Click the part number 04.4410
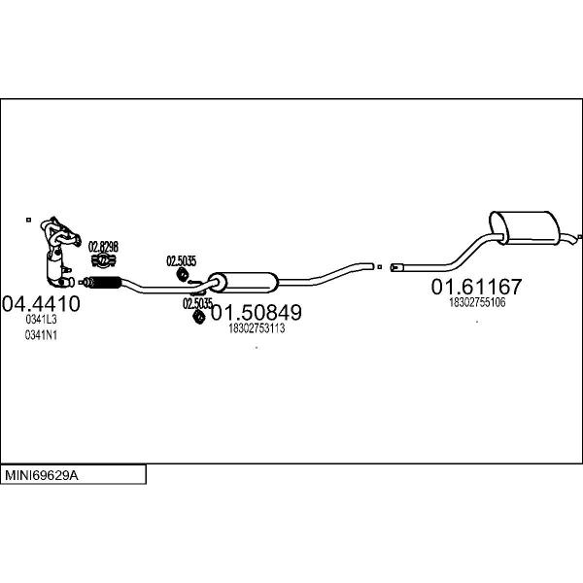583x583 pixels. (41, 302)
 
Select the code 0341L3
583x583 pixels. (41, 319)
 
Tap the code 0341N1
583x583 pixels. (41, 335)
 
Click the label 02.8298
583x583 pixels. (103, 247)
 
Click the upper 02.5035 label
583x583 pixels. (181, 260)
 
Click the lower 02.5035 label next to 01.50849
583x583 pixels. (197, 303)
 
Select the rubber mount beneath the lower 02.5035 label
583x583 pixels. (198, 316)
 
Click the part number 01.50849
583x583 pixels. (257, 314)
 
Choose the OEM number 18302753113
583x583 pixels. (256, 329)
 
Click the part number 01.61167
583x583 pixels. (476, 288)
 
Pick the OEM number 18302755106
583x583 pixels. (476, 303)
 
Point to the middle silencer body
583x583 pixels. (244, 282)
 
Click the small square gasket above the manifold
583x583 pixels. (29, 221)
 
